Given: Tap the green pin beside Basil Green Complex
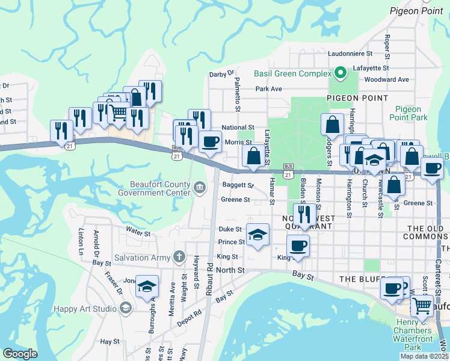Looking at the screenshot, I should [340, 73].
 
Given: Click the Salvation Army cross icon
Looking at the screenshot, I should [178, 258].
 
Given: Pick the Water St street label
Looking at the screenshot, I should [137, 230].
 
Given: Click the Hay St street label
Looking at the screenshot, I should [110, 341].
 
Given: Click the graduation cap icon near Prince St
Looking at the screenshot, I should [257, 234].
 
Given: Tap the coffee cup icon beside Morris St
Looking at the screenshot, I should [209, 142].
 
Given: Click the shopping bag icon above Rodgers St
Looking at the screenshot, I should [332, 125].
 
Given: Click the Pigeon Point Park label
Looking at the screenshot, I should [408, 113].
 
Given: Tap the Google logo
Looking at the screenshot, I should [20, 353].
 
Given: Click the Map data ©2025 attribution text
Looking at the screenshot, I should [424, 356].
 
